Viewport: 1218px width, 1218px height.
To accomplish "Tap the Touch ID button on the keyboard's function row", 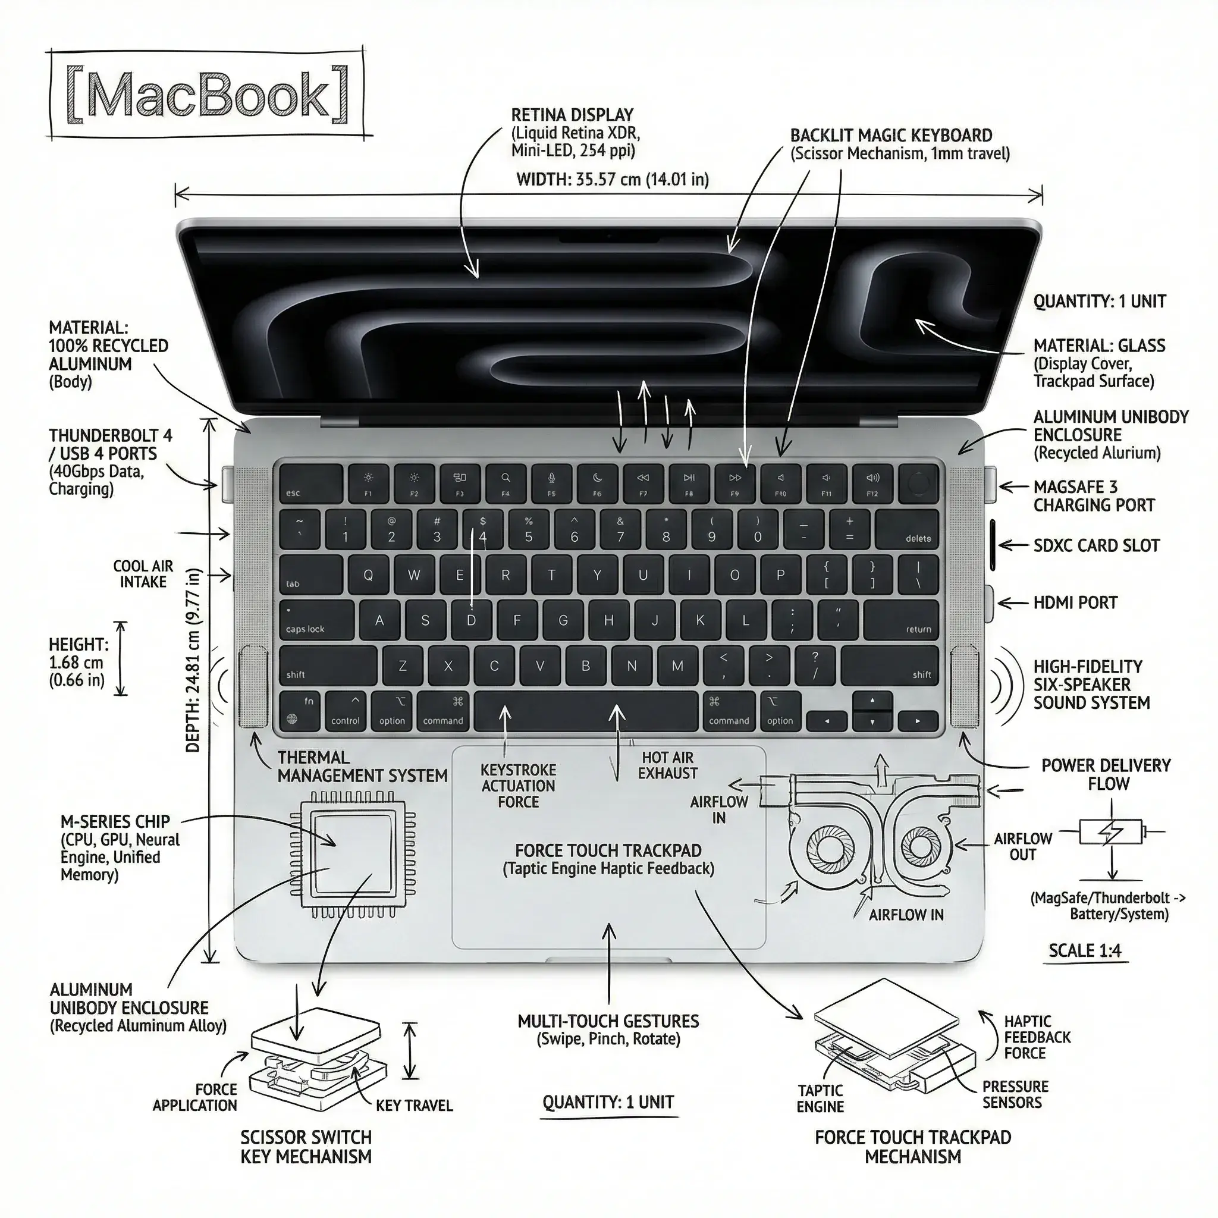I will tap(918, 484).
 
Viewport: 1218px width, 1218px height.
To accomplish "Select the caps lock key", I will tap(316, 620).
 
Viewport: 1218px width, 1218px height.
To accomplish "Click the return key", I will tap(900, 620).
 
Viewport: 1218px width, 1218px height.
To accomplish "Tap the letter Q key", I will tap(368, 575).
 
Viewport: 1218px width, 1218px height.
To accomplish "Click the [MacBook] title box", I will tap(208, 93).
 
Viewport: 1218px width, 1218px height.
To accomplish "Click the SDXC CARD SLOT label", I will tap(1095, 545).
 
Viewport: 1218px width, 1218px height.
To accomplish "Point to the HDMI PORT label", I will tap(1075, 602).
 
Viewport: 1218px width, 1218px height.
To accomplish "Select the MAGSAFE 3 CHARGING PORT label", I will tap(1094, 496).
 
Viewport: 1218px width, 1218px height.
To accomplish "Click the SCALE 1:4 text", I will tap(1085, 951).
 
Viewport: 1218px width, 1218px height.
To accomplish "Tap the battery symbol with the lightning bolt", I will tap(1110, 831).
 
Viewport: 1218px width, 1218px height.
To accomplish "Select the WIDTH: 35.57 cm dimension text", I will tap(612, 180).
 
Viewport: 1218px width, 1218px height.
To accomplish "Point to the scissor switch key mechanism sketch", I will tap(318, 1068).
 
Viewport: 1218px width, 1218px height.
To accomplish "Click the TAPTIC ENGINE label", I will tap(820, 1099).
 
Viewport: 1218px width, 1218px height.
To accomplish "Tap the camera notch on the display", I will tap(608, 238).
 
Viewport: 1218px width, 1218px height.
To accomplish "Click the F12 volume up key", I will tap(872, 484).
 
